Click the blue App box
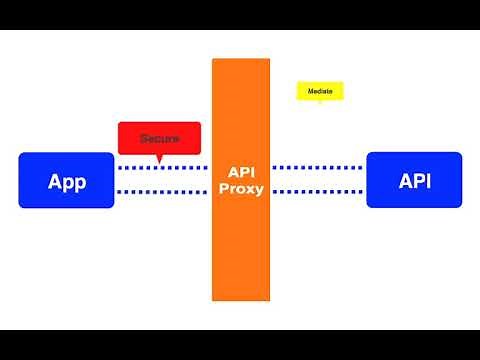(66, 180)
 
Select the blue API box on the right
(414, 180)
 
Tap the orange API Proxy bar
(240, 240)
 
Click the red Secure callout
(160, 136)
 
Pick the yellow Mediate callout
(320, 90)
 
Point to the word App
(66, 181)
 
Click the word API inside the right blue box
(414, 181)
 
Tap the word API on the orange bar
(240, 172)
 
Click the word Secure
(160, 137)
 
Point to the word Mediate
(320, 91)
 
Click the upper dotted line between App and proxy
(163, 167)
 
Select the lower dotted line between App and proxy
(163, 192)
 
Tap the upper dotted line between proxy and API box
(318, 167)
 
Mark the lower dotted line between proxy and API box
(318, 192)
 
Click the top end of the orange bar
(240, 62)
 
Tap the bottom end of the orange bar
(240, 297)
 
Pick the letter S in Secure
(144, 137)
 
